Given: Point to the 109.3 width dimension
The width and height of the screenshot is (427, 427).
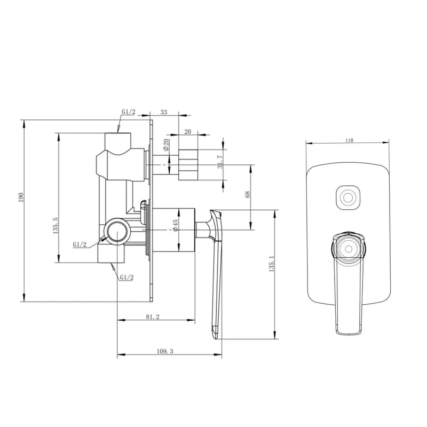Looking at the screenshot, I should click(x=166, y=351).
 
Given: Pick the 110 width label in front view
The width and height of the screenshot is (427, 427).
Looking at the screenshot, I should click(x=349, y=140).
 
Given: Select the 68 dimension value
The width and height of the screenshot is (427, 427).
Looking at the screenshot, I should click(x=247, y=194).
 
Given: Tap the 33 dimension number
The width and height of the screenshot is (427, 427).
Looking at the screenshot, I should click(x=163, y=113).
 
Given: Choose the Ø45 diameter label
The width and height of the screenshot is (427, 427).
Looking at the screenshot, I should click(x=176, y=227).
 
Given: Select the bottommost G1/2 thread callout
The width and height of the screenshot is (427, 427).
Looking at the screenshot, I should click(x=126, y=278).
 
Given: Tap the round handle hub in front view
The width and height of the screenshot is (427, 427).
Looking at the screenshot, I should click(x=349, y=247).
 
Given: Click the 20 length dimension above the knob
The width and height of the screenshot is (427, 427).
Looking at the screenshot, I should click(x=188, y=131).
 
